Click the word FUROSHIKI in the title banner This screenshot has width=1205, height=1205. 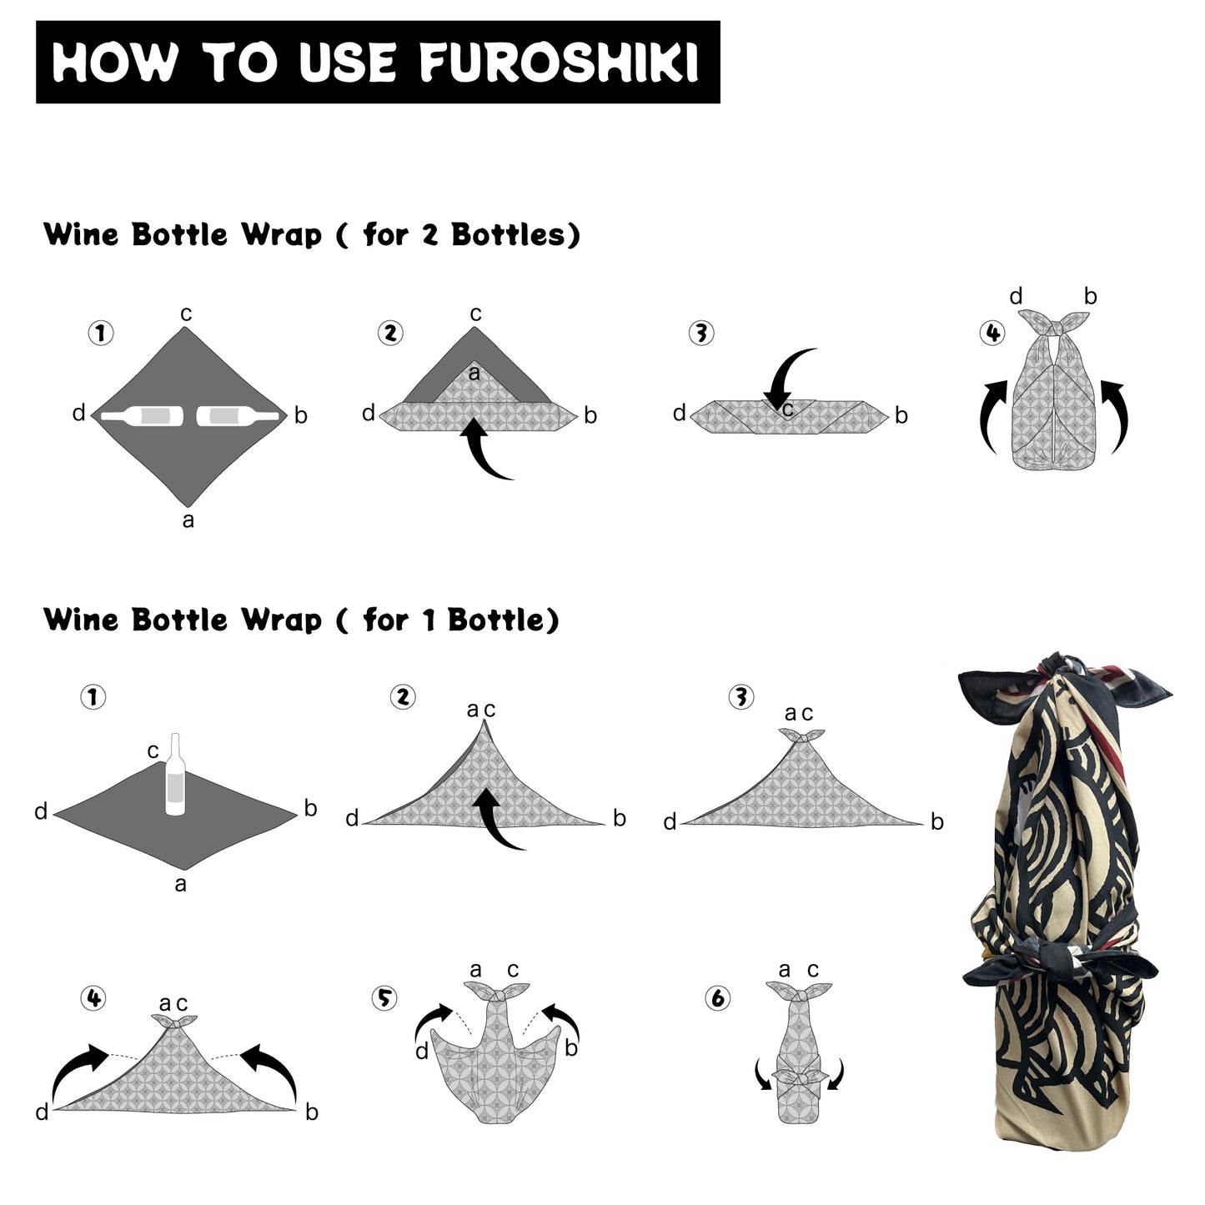559,62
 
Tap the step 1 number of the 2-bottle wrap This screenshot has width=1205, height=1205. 101,333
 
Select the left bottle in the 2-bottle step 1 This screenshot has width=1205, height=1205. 142,416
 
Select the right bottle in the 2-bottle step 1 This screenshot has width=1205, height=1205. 238,416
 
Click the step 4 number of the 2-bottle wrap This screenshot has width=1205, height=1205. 992,333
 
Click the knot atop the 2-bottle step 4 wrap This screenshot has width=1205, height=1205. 1055,324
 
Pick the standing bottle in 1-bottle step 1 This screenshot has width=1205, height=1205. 175,774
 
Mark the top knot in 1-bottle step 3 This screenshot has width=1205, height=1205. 801,736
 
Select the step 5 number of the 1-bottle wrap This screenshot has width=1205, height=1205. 384,998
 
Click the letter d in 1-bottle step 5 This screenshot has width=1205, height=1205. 422,1052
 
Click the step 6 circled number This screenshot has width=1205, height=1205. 718,998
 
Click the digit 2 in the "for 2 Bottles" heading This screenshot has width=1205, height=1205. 429,236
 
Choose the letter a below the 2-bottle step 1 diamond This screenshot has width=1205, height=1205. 188,520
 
